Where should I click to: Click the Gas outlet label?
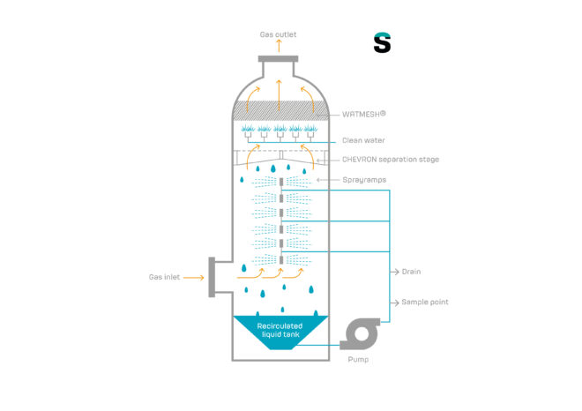(x=278, y=35)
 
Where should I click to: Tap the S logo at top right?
(x=382, y=42)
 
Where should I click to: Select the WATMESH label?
(x=364, y=114)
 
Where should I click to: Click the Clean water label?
(x=363, y=140)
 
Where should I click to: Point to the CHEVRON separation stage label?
(x=390, y=160)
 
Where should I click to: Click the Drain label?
(x=411, y=272)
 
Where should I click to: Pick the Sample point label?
(x=425, y=303)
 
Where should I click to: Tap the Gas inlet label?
(x=164, y=277)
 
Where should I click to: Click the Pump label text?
(x=358, y=359)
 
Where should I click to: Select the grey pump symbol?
(x=360, y=333)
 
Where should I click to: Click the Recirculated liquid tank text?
(x=280, y=330)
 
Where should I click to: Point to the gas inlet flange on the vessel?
(x=213, y=277)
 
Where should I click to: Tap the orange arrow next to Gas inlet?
(x=195, y=277)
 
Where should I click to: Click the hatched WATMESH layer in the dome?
(x=279, y=110)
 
